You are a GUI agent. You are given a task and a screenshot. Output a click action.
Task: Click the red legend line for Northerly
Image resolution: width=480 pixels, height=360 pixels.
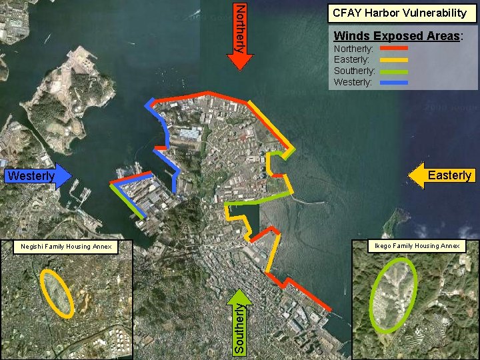point(394,49)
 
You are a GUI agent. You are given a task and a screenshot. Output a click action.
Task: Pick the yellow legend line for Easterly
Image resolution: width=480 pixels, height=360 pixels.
point(394,60)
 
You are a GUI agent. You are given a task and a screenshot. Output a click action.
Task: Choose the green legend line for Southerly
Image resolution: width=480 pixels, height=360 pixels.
point(394,71)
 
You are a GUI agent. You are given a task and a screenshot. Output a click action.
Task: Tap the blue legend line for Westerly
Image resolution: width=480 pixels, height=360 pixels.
point(394,82)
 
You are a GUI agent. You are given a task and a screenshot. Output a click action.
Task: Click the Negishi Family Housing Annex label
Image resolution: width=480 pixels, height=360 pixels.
point(65,247)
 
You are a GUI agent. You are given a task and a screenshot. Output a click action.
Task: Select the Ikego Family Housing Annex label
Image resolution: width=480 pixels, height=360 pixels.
point(417,246)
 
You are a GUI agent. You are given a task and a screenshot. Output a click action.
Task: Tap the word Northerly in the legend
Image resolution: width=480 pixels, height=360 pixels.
point(353,49)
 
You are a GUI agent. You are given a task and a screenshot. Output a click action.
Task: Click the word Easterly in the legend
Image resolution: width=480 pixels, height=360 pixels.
point(351,60)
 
